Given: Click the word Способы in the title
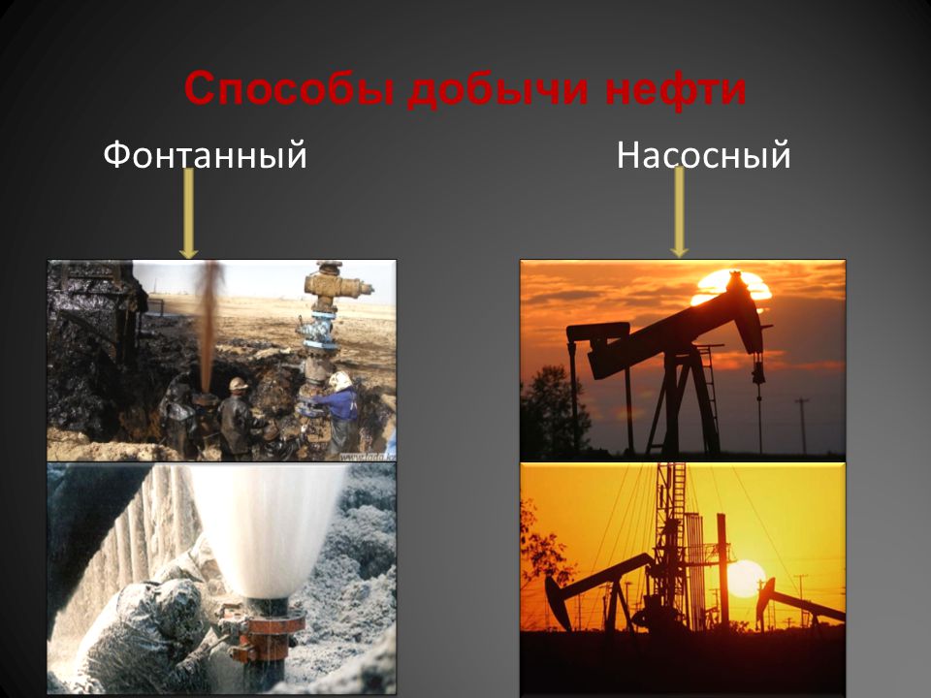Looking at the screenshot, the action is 290,88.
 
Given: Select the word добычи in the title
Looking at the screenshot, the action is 498,90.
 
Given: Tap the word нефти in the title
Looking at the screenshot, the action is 676,89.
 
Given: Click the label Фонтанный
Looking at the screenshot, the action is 205,155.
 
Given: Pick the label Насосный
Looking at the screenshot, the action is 704,155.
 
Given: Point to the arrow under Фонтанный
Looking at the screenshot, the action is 189,213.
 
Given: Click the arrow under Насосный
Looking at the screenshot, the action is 679,212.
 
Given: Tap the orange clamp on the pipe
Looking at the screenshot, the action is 264,634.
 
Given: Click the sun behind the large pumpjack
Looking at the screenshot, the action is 734,286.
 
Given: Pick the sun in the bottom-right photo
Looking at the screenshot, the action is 745,578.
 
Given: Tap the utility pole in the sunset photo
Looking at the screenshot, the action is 802,426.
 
